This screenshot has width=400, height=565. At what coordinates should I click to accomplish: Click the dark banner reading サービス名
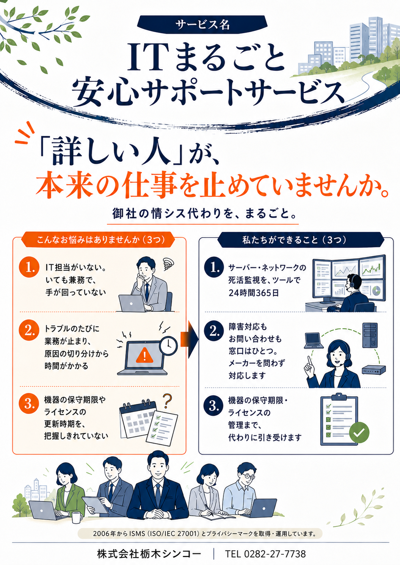pyautogui.click(x=202, y=25)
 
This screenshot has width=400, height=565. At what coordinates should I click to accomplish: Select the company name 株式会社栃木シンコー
pyautogui.click(x=149, y=554)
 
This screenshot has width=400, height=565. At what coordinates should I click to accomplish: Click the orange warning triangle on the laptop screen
pyautogui.click(x=144, y=355)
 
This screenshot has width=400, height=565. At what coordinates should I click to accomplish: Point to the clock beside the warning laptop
pyautogui.click(x=168, y=346)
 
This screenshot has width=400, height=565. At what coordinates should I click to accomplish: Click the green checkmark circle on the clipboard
pyautogui.click(x=359, y=432)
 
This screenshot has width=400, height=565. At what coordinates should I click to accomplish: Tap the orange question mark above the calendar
pyautogui.click(x=167, y=401)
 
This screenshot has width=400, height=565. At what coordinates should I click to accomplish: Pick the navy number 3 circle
pyautogui.click(x=214, y=406)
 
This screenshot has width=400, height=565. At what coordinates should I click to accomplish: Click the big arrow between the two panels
pyautogui.click(x=190, y=340)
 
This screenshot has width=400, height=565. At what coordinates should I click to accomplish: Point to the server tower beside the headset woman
pyautogui.click(x=370, y=335)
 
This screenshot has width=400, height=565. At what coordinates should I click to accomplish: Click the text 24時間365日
pyautogui.click(x=254, y=293)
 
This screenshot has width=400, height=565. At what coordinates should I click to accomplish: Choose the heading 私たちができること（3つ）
pyautogui.click(x=294, y=239)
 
